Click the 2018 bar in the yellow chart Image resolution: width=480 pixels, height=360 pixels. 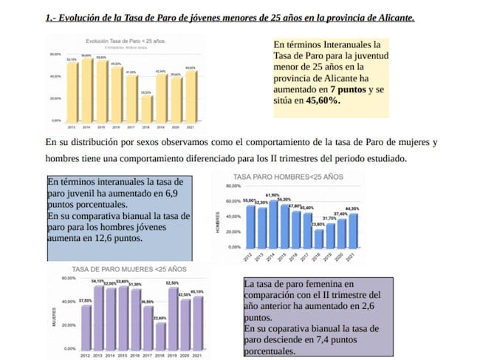click(x=147, y=107)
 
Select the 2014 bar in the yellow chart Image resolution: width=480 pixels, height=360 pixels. click(x=87, y=89)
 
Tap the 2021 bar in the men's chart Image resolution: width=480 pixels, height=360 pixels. click(x=354, y=229)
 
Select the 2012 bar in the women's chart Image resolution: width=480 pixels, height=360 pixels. click(x=86, y=326)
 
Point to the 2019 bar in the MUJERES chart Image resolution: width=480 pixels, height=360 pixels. click(x=173, y=318)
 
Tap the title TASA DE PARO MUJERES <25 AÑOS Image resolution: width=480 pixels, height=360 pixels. click(x=128, y=269)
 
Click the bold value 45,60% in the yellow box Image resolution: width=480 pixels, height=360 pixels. click(x=321, y=100)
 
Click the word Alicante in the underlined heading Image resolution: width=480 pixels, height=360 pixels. click(x=387, y=15)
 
